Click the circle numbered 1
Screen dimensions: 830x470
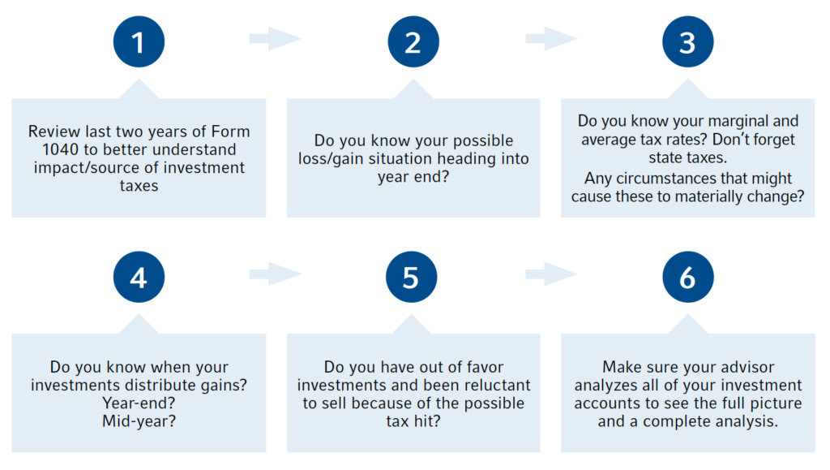[x=139, y=42]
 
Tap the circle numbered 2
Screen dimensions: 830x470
[x=413, y=42]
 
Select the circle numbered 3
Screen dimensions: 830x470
[x=687, y=42]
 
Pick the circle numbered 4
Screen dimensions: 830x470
[x=139, y=277]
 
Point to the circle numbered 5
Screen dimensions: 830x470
[x=411, y=277]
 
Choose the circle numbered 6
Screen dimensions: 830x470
[x=687, y=277]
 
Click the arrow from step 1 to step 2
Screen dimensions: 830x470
[x=276, y=38]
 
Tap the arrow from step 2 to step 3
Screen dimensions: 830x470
[x=551, y=38]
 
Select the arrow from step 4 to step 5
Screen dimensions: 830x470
[x=276, y=274]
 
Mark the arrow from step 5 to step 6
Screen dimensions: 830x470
[x=551, y=274]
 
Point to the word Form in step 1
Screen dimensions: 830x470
[x=230, y=132]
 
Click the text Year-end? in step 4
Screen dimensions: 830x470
[x=139, y=403]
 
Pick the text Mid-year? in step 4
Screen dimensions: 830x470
[x=139, y=421]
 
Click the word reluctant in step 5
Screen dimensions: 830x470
[x=496, y=386]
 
